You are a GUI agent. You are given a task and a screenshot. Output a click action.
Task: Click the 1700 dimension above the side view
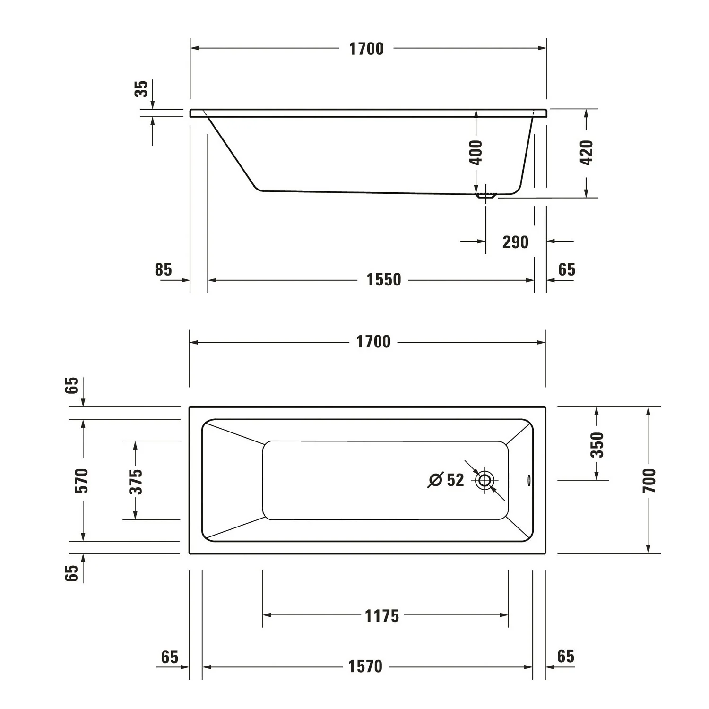point(366,49)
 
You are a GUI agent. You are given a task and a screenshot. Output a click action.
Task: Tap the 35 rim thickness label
point(141,89)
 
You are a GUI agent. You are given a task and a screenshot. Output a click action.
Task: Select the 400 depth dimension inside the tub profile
point(476,152)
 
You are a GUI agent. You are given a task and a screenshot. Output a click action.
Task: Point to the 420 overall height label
point(586,152)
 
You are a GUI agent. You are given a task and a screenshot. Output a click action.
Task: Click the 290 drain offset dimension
point(515,242)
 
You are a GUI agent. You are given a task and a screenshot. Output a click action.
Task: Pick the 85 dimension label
point(164,269)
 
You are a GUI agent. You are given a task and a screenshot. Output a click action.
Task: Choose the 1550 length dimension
point(384,280)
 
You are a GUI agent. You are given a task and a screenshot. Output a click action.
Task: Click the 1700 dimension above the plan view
point(373,342)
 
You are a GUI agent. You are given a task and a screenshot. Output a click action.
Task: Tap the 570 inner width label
point(82,480)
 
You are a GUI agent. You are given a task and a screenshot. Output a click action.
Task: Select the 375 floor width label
point(136,481)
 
